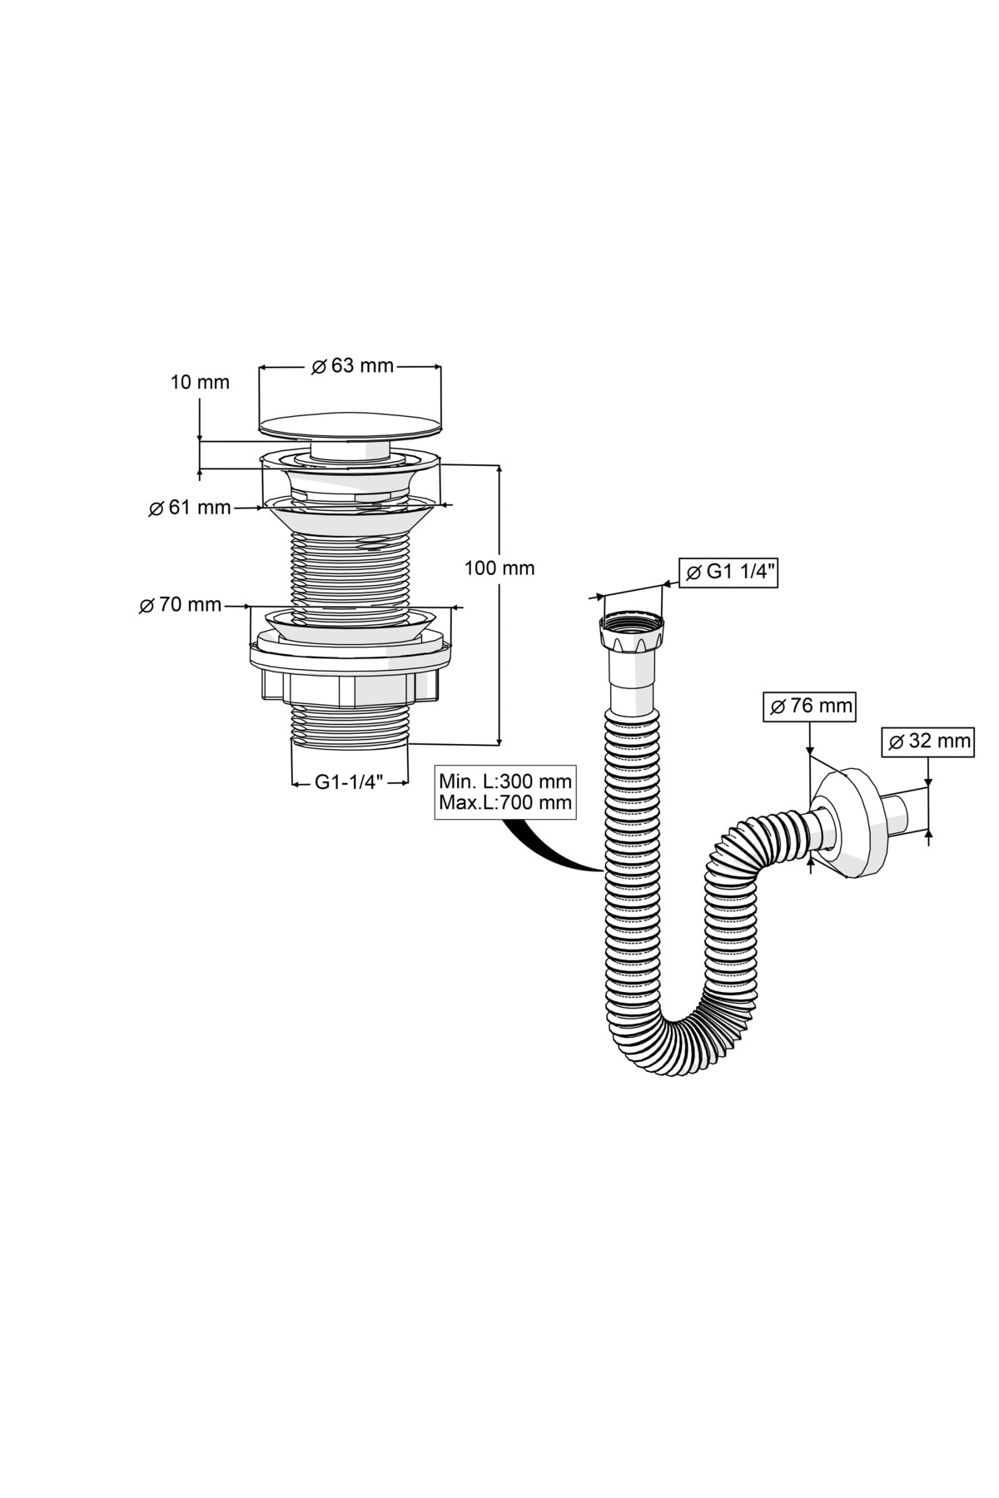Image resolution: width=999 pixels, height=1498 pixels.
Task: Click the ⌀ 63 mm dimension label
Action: point(352,366)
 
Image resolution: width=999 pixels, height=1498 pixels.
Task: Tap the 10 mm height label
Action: point(200,383)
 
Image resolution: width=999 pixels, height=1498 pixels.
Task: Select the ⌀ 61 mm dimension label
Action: point(190,508)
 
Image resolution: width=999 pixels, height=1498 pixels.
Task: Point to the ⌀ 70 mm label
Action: point(181,605)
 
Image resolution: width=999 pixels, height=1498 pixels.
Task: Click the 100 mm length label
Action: point(499,568)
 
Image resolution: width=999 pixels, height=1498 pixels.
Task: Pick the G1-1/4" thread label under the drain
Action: point(349,782)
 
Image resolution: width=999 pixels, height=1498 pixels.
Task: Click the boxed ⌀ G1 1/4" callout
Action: point(728,572)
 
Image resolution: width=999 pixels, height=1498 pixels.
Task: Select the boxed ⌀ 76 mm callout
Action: point(809,707)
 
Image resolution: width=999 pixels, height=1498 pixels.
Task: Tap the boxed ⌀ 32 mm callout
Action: point(927,741)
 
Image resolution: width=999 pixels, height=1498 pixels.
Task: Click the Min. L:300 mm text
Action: point(505,782)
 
